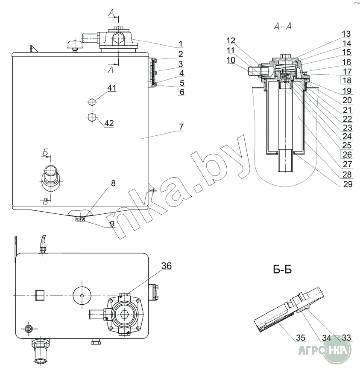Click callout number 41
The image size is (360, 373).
[111, 88]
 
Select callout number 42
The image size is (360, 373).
[109, 123]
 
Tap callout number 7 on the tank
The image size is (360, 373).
[181, 127]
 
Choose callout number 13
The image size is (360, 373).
[346, 34]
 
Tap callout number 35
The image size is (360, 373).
[301, 338]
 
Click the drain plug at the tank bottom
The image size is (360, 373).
[80, 219]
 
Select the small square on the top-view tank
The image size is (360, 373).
[39, 294]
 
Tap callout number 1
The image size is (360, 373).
[181, 44]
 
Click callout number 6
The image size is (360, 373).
[181, 91]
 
